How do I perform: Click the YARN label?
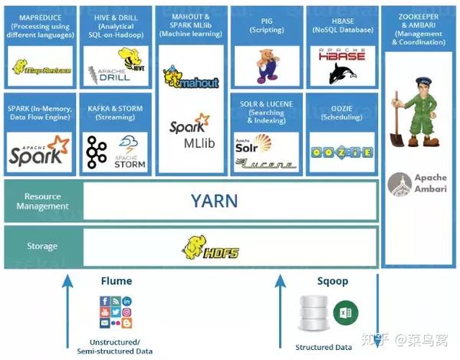click(214, 201)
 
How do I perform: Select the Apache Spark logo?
click(39, 152)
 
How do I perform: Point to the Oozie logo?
click(340, 152)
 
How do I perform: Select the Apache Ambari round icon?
click(399, 185)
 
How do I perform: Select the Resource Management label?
click(42, 201)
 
